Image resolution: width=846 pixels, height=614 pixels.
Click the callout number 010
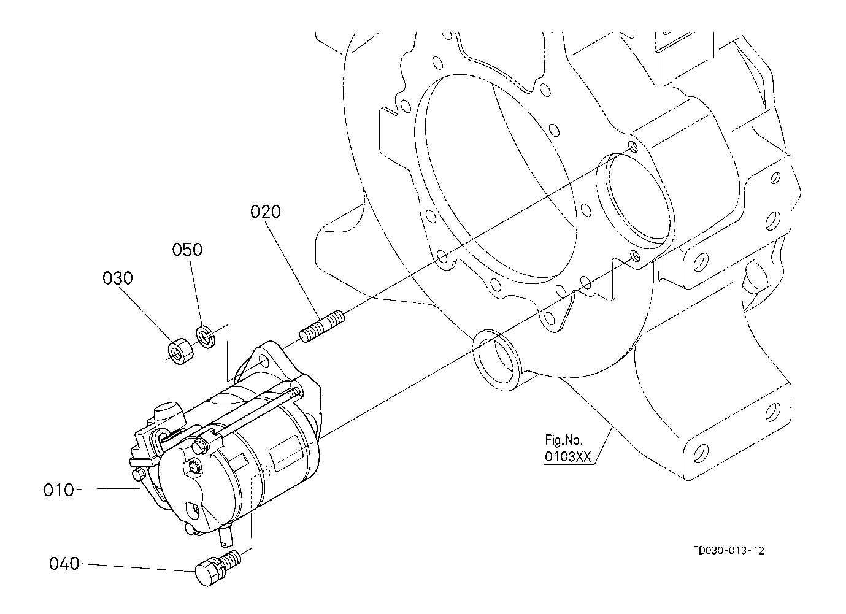58,490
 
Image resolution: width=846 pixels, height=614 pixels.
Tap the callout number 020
266,212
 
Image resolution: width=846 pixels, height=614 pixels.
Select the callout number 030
118,278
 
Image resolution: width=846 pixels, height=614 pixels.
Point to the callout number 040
64,564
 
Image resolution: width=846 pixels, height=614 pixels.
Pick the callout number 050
187,250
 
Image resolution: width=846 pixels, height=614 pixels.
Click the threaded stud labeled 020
322,326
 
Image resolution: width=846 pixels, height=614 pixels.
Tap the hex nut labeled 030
180,352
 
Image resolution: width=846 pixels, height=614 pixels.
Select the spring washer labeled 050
206,336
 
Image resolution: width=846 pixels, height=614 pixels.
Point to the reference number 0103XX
567,456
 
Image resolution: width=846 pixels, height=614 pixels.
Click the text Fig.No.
564,440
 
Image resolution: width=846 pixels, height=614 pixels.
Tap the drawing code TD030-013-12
729,551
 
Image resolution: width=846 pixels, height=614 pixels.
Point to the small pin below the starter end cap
226,537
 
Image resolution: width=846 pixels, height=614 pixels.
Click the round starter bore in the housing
635,201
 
